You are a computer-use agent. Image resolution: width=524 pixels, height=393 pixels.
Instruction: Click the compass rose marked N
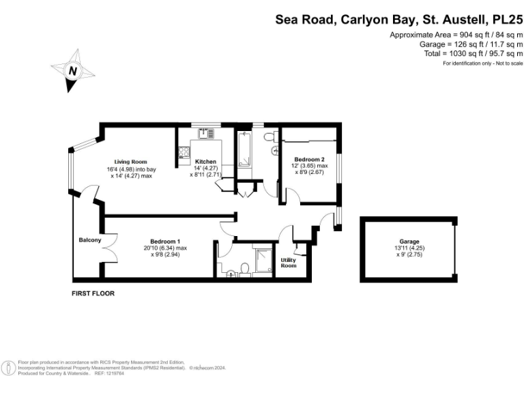71,70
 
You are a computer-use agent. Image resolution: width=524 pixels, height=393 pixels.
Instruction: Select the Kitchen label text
205,162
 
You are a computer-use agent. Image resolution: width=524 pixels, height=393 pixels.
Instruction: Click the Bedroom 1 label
164,241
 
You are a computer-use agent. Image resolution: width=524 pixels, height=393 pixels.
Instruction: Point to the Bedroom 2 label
304,158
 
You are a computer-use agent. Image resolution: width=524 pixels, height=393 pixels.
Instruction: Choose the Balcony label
90,240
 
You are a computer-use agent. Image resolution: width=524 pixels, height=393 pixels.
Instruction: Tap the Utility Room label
289,263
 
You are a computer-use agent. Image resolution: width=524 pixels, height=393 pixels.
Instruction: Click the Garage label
409,242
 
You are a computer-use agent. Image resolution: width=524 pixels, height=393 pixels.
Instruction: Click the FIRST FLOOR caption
93,293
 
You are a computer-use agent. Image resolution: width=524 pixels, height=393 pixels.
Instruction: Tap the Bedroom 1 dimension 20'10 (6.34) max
166,248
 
